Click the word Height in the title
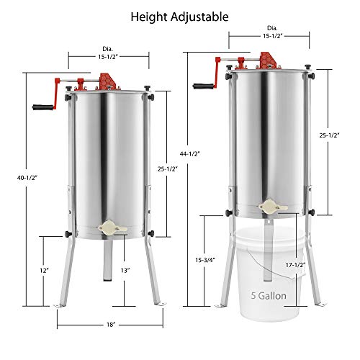click(149, 17)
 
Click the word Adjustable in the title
click(199, 17)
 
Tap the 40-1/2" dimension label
click(27, 178)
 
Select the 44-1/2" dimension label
click(190, 154)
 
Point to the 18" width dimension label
click(111, 325)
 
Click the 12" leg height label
click(44, 271)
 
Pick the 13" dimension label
click(125, 271)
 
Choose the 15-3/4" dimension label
click(205, 260)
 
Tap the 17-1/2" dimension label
click(295, 265)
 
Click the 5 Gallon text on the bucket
click(269, 296)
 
